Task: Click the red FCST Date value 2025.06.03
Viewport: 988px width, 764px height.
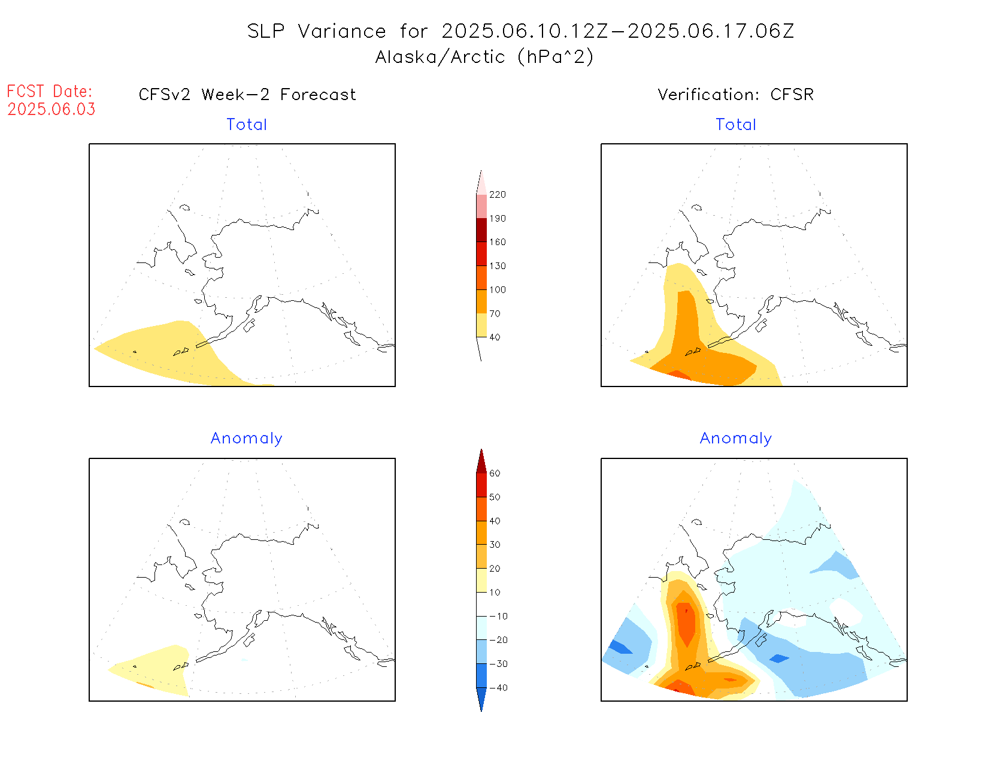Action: click(x=51, y=110)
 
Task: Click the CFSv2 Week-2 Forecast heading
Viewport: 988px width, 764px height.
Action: click(x=247, y=95)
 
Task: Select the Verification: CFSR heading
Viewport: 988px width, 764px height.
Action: click(x=735, y=95)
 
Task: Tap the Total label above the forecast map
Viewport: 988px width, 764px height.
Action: click(x=247, y=125)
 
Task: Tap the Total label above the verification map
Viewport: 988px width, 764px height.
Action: click(x=736, y=125)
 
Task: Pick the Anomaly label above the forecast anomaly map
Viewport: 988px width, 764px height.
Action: click(x=246, y=439)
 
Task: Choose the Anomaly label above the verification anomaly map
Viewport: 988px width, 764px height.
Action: click(x=736, y=439)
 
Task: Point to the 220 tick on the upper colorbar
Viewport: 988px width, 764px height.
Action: click(x=497, y=195)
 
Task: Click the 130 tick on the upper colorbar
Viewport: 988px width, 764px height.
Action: click(x=497, y=266)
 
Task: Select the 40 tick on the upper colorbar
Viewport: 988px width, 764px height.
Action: click(x=495, y=337)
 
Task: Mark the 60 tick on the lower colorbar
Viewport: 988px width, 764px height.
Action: click(x=495, y=473)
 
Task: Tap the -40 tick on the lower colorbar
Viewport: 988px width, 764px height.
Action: click(x=498, y=688)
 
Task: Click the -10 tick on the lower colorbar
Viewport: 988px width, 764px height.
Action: click(x=498, y=616)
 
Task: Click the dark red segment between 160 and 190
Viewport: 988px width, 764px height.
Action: click(x=481, y=230)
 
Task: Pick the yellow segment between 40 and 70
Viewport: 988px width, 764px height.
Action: click(x=481, y=325)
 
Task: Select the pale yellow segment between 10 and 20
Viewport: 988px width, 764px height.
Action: click(x=481, y=580)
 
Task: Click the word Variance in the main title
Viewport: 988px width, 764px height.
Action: click(x=342, y=31)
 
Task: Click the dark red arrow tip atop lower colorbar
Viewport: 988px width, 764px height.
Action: click(x=481, y=461)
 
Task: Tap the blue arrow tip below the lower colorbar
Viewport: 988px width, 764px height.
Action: click(x=481, y=699)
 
